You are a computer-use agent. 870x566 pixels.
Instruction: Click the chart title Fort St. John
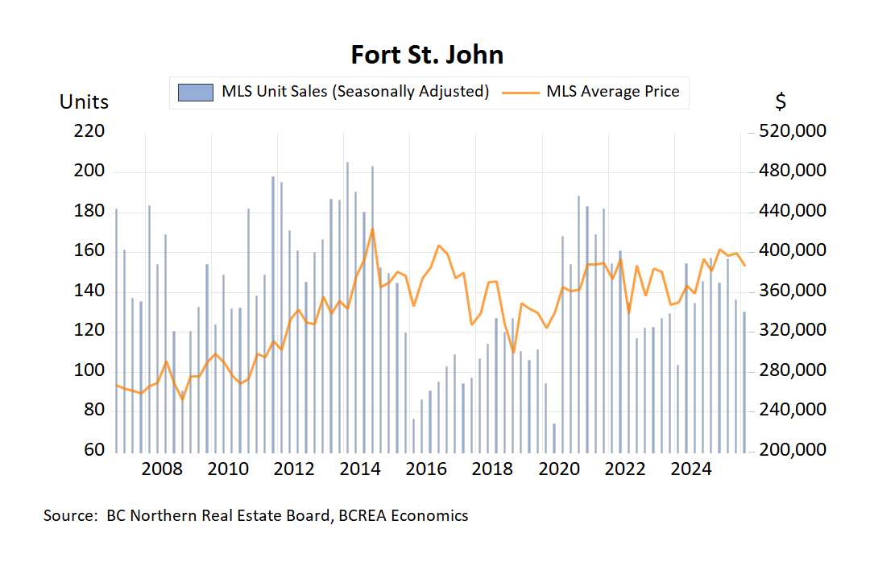tap(427, 55)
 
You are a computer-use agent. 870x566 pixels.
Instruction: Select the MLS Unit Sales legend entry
tap(334, 91)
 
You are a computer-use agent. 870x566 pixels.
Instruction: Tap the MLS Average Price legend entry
tap(591, 91)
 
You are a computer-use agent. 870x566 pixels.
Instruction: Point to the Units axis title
tap(84, 102)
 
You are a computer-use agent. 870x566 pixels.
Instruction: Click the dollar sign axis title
tap(781, 102)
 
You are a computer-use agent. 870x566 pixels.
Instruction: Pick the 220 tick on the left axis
tap(90, 131)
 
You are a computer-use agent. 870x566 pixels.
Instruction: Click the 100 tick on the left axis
tap(90, 370)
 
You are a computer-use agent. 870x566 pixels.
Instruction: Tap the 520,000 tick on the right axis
tap(793, 131)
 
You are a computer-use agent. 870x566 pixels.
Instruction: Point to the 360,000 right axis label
tap(793, 291)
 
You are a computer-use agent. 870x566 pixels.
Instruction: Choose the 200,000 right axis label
tap(793, 450)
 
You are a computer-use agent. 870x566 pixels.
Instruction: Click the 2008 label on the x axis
tap(161, 470)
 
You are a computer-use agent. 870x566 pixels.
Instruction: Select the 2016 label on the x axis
tap(426, 470)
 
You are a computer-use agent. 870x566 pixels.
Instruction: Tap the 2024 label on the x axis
tap(690, 470)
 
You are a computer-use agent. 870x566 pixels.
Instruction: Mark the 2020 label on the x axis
tap(558, 470)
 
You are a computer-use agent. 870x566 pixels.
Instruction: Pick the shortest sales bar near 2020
tap(554, 436)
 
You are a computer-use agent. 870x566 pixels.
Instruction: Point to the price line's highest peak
tap(372, 229)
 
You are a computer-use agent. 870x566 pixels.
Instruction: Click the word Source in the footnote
tap(68, 516)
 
